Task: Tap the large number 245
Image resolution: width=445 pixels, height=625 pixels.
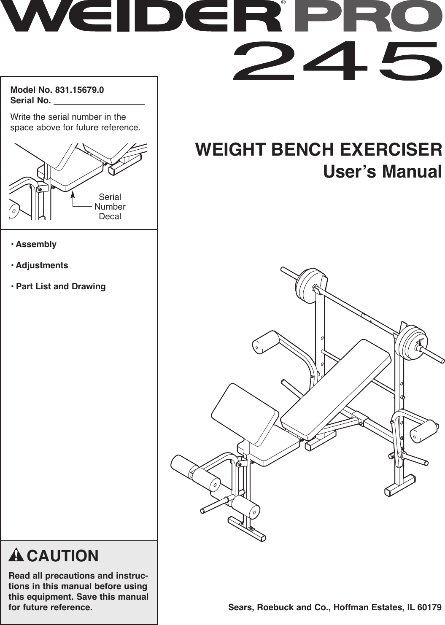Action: pos(337,61)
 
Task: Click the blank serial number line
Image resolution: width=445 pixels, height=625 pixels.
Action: pos(99,101)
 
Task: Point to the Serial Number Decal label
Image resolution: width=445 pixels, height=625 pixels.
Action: pos(110,207)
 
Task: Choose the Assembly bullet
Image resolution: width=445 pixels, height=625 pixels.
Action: pos(35,244)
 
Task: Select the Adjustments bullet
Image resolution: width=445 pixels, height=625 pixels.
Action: pos(41,265)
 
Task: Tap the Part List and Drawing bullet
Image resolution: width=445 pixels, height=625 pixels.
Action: pos(60,286)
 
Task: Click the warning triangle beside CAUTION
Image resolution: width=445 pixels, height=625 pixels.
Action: pos(16,555)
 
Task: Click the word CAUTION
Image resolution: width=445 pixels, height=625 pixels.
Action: pos(62,556)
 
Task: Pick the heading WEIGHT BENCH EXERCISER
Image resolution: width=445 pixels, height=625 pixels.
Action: pos(318,150)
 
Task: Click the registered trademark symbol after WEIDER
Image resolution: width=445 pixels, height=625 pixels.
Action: pos(283,3)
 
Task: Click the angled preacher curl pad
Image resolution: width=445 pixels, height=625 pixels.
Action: pos(245,411)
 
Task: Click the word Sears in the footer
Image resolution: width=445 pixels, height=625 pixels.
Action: pos(240,608)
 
